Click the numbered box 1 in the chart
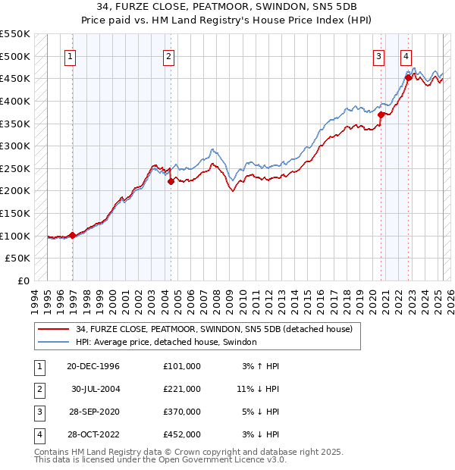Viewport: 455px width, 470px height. pyautogui.click(x=69, y=55)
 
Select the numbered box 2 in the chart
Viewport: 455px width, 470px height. pyautogui.click(x=168, y=55)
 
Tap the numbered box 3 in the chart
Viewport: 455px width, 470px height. pyautogui.click(x=378, y=55)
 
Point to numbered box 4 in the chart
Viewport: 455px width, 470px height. pyautogui.click(x=406, y=55)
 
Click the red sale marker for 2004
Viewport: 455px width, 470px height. pyautogui.click(x=171, y=181)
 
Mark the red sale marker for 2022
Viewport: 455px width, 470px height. pyautogui.click(x=408, y=77)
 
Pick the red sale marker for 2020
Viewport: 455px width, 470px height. pyautogui.click(x=381, y=114)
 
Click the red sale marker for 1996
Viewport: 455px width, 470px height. pyautogui.click(x=73, y=235)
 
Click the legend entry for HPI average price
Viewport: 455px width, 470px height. pyautogui.click(x=166, y=343)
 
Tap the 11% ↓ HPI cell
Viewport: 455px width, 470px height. pyautogui.click(x=258, y=389)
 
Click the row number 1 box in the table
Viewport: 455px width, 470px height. pyautogui.click(x=37, y=366)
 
